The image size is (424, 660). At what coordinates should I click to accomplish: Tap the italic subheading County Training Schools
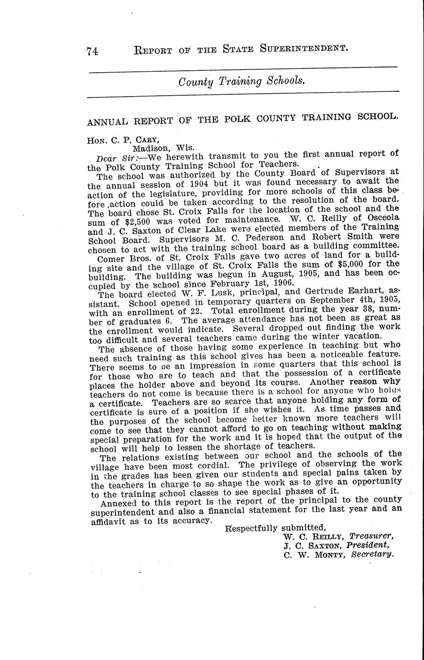pyautogui.click(x=241, y=81)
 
